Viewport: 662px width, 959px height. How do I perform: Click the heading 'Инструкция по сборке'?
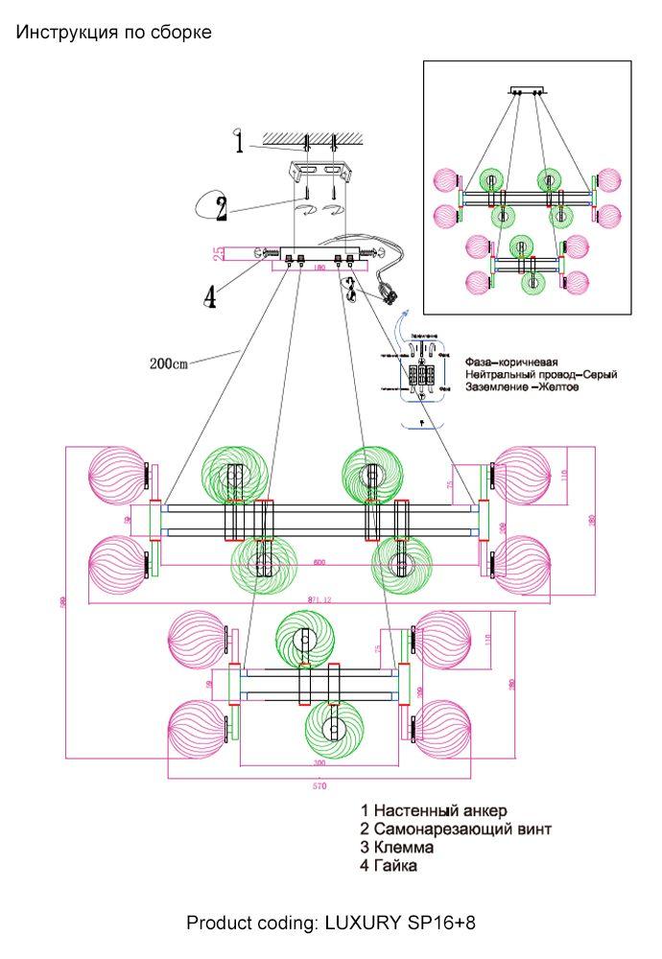pyautogui.click(x=113, y=33)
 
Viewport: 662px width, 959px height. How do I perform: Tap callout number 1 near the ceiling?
pyautogui.click(x=239, y=143)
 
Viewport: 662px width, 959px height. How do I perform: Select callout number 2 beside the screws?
pyautogui.click(x=221, y=207)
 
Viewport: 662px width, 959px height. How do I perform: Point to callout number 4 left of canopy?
pyautogui.click(x=210, y=296)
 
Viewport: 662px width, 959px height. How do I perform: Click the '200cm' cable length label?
pyautogui.click(x=169, y=363)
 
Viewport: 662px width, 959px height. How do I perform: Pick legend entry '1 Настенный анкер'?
pyautogui.click(x=434, y=811)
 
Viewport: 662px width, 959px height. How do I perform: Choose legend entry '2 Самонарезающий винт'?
pyautogui.click(x=456, y=830)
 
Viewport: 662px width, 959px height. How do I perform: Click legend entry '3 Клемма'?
pyautogui.click(x=397, y=848)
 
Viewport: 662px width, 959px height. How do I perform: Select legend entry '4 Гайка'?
pyautogui.click(x=389, y=866)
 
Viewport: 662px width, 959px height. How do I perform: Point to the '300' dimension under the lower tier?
pyautogui.click(x=319, y=763)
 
